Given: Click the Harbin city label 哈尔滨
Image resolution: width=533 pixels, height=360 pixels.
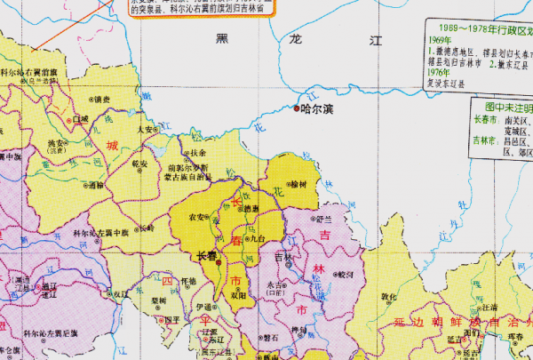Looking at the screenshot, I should click(317, 109).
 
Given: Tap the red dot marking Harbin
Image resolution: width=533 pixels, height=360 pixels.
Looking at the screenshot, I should click(297, 109).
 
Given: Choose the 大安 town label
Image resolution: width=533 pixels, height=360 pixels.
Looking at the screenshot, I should click(147, 128).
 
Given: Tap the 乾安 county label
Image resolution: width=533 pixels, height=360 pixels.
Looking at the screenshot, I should click(139, 164).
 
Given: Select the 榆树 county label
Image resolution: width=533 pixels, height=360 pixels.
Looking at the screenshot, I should click(297, 184).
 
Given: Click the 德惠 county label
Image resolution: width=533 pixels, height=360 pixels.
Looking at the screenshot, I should click(251, 209).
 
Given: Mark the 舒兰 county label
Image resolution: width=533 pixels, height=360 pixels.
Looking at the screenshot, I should click(324, 218).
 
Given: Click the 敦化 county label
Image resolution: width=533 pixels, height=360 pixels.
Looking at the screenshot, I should click(388, 298).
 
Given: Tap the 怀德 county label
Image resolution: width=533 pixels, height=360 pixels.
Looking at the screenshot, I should click(187, 281).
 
